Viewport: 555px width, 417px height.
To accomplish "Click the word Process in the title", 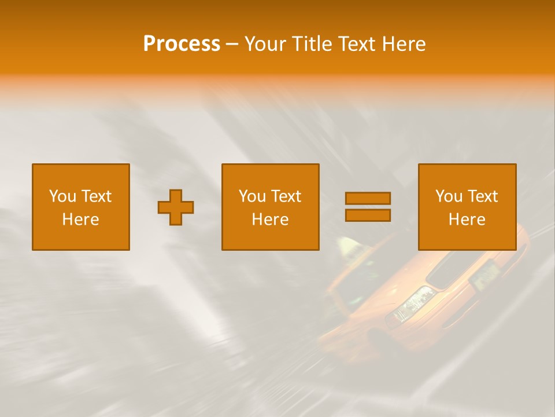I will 182,43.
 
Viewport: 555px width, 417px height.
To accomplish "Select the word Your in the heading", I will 264,43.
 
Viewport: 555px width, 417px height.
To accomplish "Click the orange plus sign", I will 176,207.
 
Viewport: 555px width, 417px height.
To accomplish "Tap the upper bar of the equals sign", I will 368,198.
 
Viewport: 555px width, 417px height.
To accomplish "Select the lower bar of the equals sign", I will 368,215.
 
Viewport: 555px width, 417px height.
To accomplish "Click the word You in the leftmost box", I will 62,196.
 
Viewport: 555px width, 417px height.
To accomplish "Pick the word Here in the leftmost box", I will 80,220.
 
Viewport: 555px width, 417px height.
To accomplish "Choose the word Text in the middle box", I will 286,196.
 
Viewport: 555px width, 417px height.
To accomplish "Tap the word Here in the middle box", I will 270,220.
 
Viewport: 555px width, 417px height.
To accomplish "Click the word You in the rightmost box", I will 449,196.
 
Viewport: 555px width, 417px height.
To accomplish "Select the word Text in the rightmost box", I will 483,196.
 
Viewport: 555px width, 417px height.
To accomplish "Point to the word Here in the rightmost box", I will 467,220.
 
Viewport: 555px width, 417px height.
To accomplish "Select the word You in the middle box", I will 252,196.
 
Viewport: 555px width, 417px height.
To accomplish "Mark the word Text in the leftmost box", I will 97,196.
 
